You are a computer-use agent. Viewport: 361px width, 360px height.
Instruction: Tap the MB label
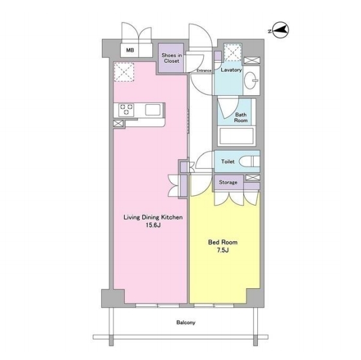[130, 50]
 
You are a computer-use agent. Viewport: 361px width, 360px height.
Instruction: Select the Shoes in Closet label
[172, 58]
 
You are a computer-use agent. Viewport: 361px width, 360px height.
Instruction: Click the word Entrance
[204, 71]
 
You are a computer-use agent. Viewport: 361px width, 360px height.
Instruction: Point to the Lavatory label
[231, 69]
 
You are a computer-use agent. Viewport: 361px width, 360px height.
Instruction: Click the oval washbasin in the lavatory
[251, 80]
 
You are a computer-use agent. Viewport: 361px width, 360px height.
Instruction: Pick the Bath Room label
[241, 117]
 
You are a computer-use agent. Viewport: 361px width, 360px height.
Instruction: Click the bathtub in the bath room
[236, 137]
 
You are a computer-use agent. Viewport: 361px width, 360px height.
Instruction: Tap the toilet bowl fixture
[249, 161]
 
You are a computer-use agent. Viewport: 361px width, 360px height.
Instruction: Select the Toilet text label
[228, 162]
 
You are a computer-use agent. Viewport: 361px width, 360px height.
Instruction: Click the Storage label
[228, 182]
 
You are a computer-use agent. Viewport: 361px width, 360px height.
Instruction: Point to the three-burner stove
[126, 110]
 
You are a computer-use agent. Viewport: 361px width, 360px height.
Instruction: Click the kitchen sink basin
[153, 110]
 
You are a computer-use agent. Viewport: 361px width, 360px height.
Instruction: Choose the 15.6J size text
[153, 225]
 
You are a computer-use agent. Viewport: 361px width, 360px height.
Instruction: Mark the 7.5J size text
[222, 250]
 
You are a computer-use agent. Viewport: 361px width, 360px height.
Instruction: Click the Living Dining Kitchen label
[153, 217]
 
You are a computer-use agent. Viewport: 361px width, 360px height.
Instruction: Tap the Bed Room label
[222, 242]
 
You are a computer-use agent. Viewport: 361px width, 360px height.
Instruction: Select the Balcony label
[186, 322]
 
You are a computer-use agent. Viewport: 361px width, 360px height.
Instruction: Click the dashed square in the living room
[124, 72]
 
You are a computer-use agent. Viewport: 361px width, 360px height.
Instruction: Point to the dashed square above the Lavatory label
[233, 53]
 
